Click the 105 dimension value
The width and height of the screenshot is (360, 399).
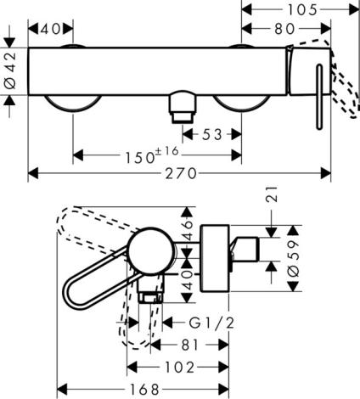point(302,10)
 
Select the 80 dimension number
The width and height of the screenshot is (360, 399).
point(284,29)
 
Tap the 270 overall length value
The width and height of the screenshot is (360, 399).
point(181,173)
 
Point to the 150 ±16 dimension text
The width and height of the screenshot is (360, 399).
point(152,155)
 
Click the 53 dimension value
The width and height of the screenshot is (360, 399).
point(212,135)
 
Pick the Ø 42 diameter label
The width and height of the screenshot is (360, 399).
point(10,71)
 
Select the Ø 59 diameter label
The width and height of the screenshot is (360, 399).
point(294,258)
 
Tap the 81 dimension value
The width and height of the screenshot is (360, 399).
point(189,345)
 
